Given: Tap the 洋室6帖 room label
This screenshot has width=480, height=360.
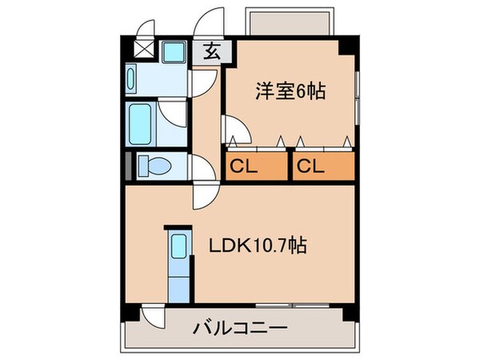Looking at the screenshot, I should tap(290, 92).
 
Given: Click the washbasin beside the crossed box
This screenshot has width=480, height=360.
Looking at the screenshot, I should tap(171, 53).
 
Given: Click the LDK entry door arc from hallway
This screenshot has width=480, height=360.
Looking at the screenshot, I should tap(202, 194).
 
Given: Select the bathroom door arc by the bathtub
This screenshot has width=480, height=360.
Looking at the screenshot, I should tap(172, 112).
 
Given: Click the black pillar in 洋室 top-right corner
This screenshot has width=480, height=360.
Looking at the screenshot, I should tap(345, 46).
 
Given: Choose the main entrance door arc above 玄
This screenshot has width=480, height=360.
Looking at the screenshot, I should tap(212, 24).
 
